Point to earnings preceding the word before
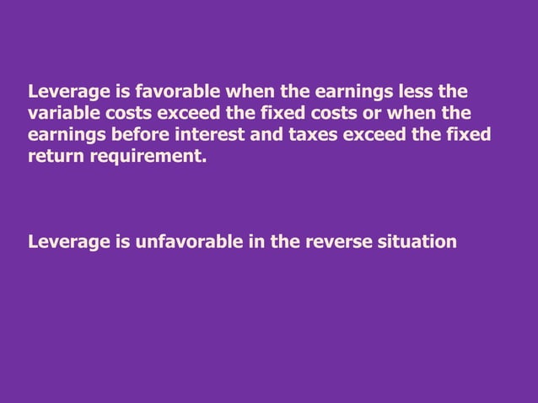click(62, 135)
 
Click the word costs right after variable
click(123, 112)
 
